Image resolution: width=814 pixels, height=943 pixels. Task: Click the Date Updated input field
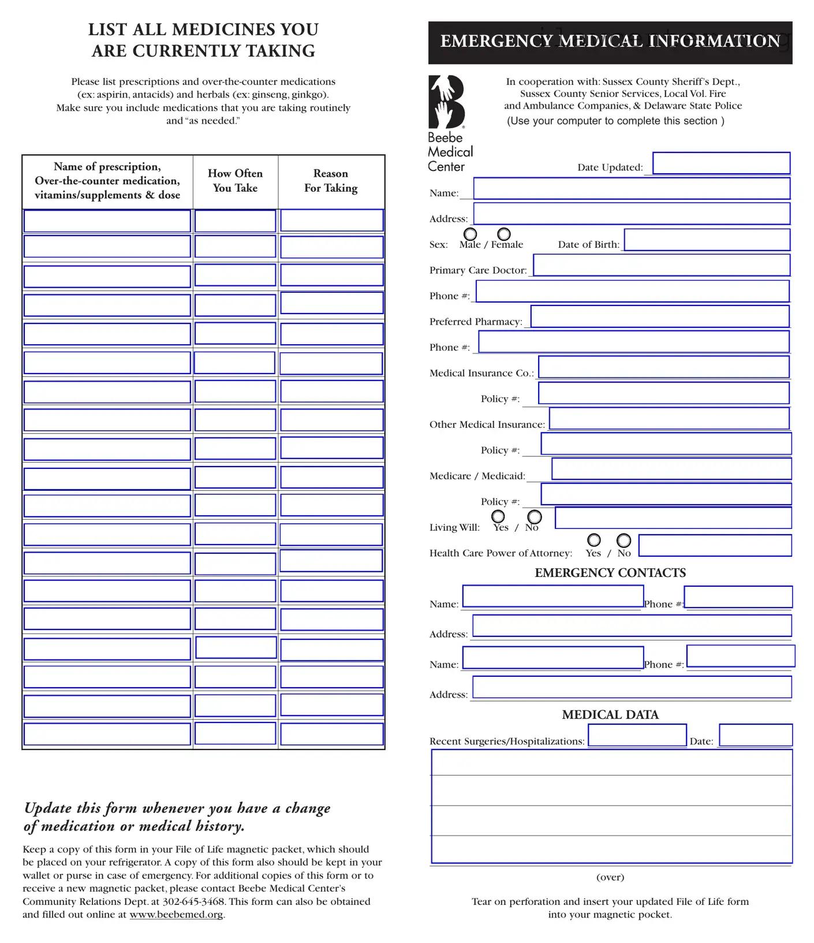[721, 163]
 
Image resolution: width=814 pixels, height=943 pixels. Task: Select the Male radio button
[471, 234]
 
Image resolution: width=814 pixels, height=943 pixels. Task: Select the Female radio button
[504, 234]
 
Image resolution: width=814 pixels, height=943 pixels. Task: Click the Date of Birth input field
[707, 240]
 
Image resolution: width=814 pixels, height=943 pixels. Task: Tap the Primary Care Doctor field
[661, 265]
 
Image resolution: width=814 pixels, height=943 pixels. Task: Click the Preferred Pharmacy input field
[659, 316]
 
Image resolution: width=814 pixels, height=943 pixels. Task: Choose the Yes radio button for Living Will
[498, 516]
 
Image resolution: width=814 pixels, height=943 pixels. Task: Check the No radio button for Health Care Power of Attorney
[623, 541]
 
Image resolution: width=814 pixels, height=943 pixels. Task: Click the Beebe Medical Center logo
[447, 102]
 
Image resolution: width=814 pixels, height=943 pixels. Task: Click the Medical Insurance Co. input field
[663, 367]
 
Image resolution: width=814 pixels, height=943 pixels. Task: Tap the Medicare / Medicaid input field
[671, 469]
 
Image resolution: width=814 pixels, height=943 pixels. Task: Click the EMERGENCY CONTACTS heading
[610, 573]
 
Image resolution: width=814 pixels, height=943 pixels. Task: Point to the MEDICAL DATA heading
[610, 715]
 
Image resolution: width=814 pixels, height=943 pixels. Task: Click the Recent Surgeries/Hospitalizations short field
[637, 735]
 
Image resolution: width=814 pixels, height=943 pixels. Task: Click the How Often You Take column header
[235, 181]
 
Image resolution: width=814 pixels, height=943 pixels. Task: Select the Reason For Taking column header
[331, 181]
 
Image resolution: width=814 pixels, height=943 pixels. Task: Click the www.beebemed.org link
[176, 915]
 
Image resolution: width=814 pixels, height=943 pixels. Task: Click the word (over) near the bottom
[610, 877]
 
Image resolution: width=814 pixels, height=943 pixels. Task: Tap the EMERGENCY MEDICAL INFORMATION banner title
[610, 42]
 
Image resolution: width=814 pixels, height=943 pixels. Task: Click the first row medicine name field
[107, 221]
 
